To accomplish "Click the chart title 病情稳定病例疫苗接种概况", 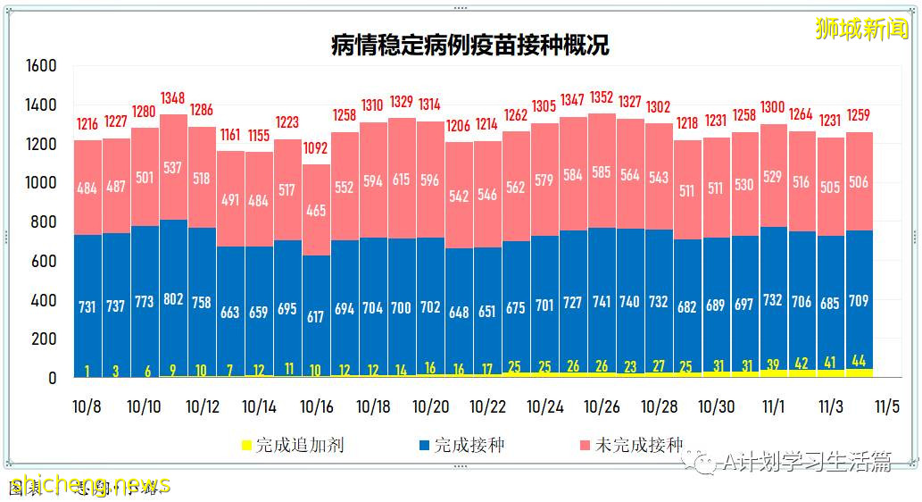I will (469, 45).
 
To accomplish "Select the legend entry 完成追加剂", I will (291, 444).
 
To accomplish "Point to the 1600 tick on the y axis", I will (41, 66).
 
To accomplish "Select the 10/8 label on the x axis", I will (87, 407).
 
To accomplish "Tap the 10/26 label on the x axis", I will (602, 407).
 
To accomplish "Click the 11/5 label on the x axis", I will (887, 407).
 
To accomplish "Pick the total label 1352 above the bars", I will (602, 97).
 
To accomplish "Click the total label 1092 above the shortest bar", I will (315, 148).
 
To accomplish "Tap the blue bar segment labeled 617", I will (315, 316).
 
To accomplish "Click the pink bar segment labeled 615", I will (401, 180).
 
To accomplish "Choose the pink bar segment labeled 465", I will (315, 212).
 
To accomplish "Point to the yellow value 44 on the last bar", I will (858, 362).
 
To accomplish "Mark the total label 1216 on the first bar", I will (87, 124).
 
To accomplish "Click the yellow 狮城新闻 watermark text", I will (861, 29).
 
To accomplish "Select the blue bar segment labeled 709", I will (858, 301).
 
